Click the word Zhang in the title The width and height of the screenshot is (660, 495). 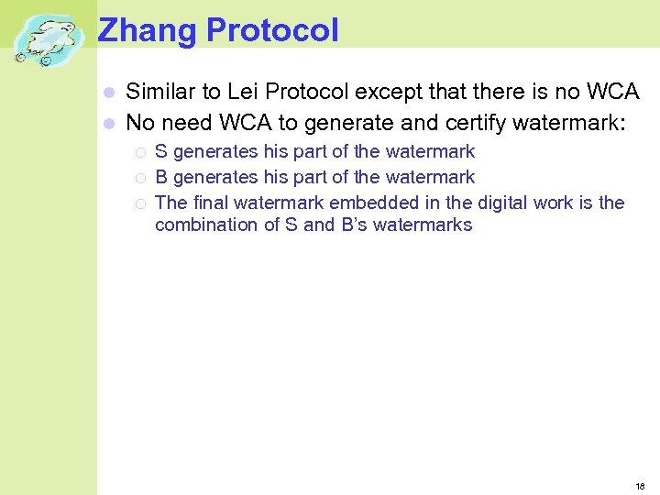[147, 30]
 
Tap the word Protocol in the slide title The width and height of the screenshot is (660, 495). [272, 30]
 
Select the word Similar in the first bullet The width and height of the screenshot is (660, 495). [161, 92]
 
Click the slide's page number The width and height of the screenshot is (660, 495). [640, 486]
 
